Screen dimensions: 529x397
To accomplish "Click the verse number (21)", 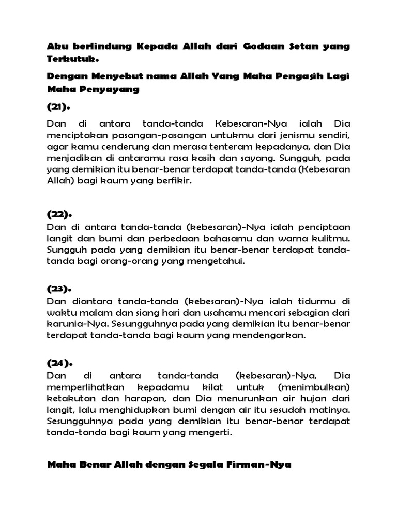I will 58,107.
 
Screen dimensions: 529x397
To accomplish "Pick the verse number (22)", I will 59,214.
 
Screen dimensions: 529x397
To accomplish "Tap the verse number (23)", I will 59,288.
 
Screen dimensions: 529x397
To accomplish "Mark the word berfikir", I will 175,182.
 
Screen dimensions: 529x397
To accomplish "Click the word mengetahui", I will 215,262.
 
